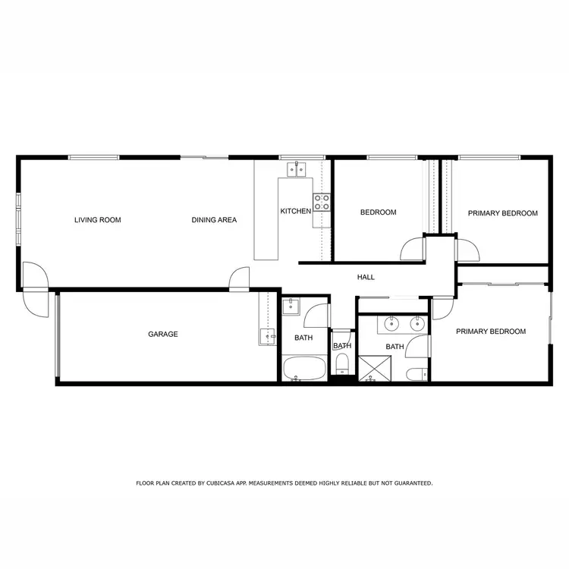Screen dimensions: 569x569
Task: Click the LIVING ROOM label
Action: (x=97, y=221)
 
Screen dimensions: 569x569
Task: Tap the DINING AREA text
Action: (x=214, y=221)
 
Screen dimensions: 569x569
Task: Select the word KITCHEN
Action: (x=295, y=212)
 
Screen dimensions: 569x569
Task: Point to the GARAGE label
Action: (x=162, y=334)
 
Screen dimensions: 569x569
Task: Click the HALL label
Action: (x=366, y=278)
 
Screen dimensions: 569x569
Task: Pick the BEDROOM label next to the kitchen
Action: (x=378, y=213)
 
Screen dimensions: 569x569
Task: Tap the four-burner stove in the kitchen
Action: (x=322, y=202)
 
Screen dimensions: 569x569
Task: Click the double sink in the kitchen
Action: (x=295, y=169)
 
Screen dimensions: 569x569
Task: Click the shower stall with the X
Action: (x=371, y=369)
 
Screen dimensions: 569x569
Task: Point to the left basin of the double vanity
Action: (x=391, y=325)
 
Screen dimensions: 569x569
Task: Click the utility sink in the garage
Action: (x=267, y=336)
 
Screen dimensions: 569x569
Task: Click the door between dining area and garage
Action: (x=239, y=279)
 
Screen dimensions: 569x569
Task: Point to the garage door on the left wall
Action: (x=57, y=336)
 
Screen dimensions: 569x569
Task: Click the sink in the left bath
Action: (x=291, y=307)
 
